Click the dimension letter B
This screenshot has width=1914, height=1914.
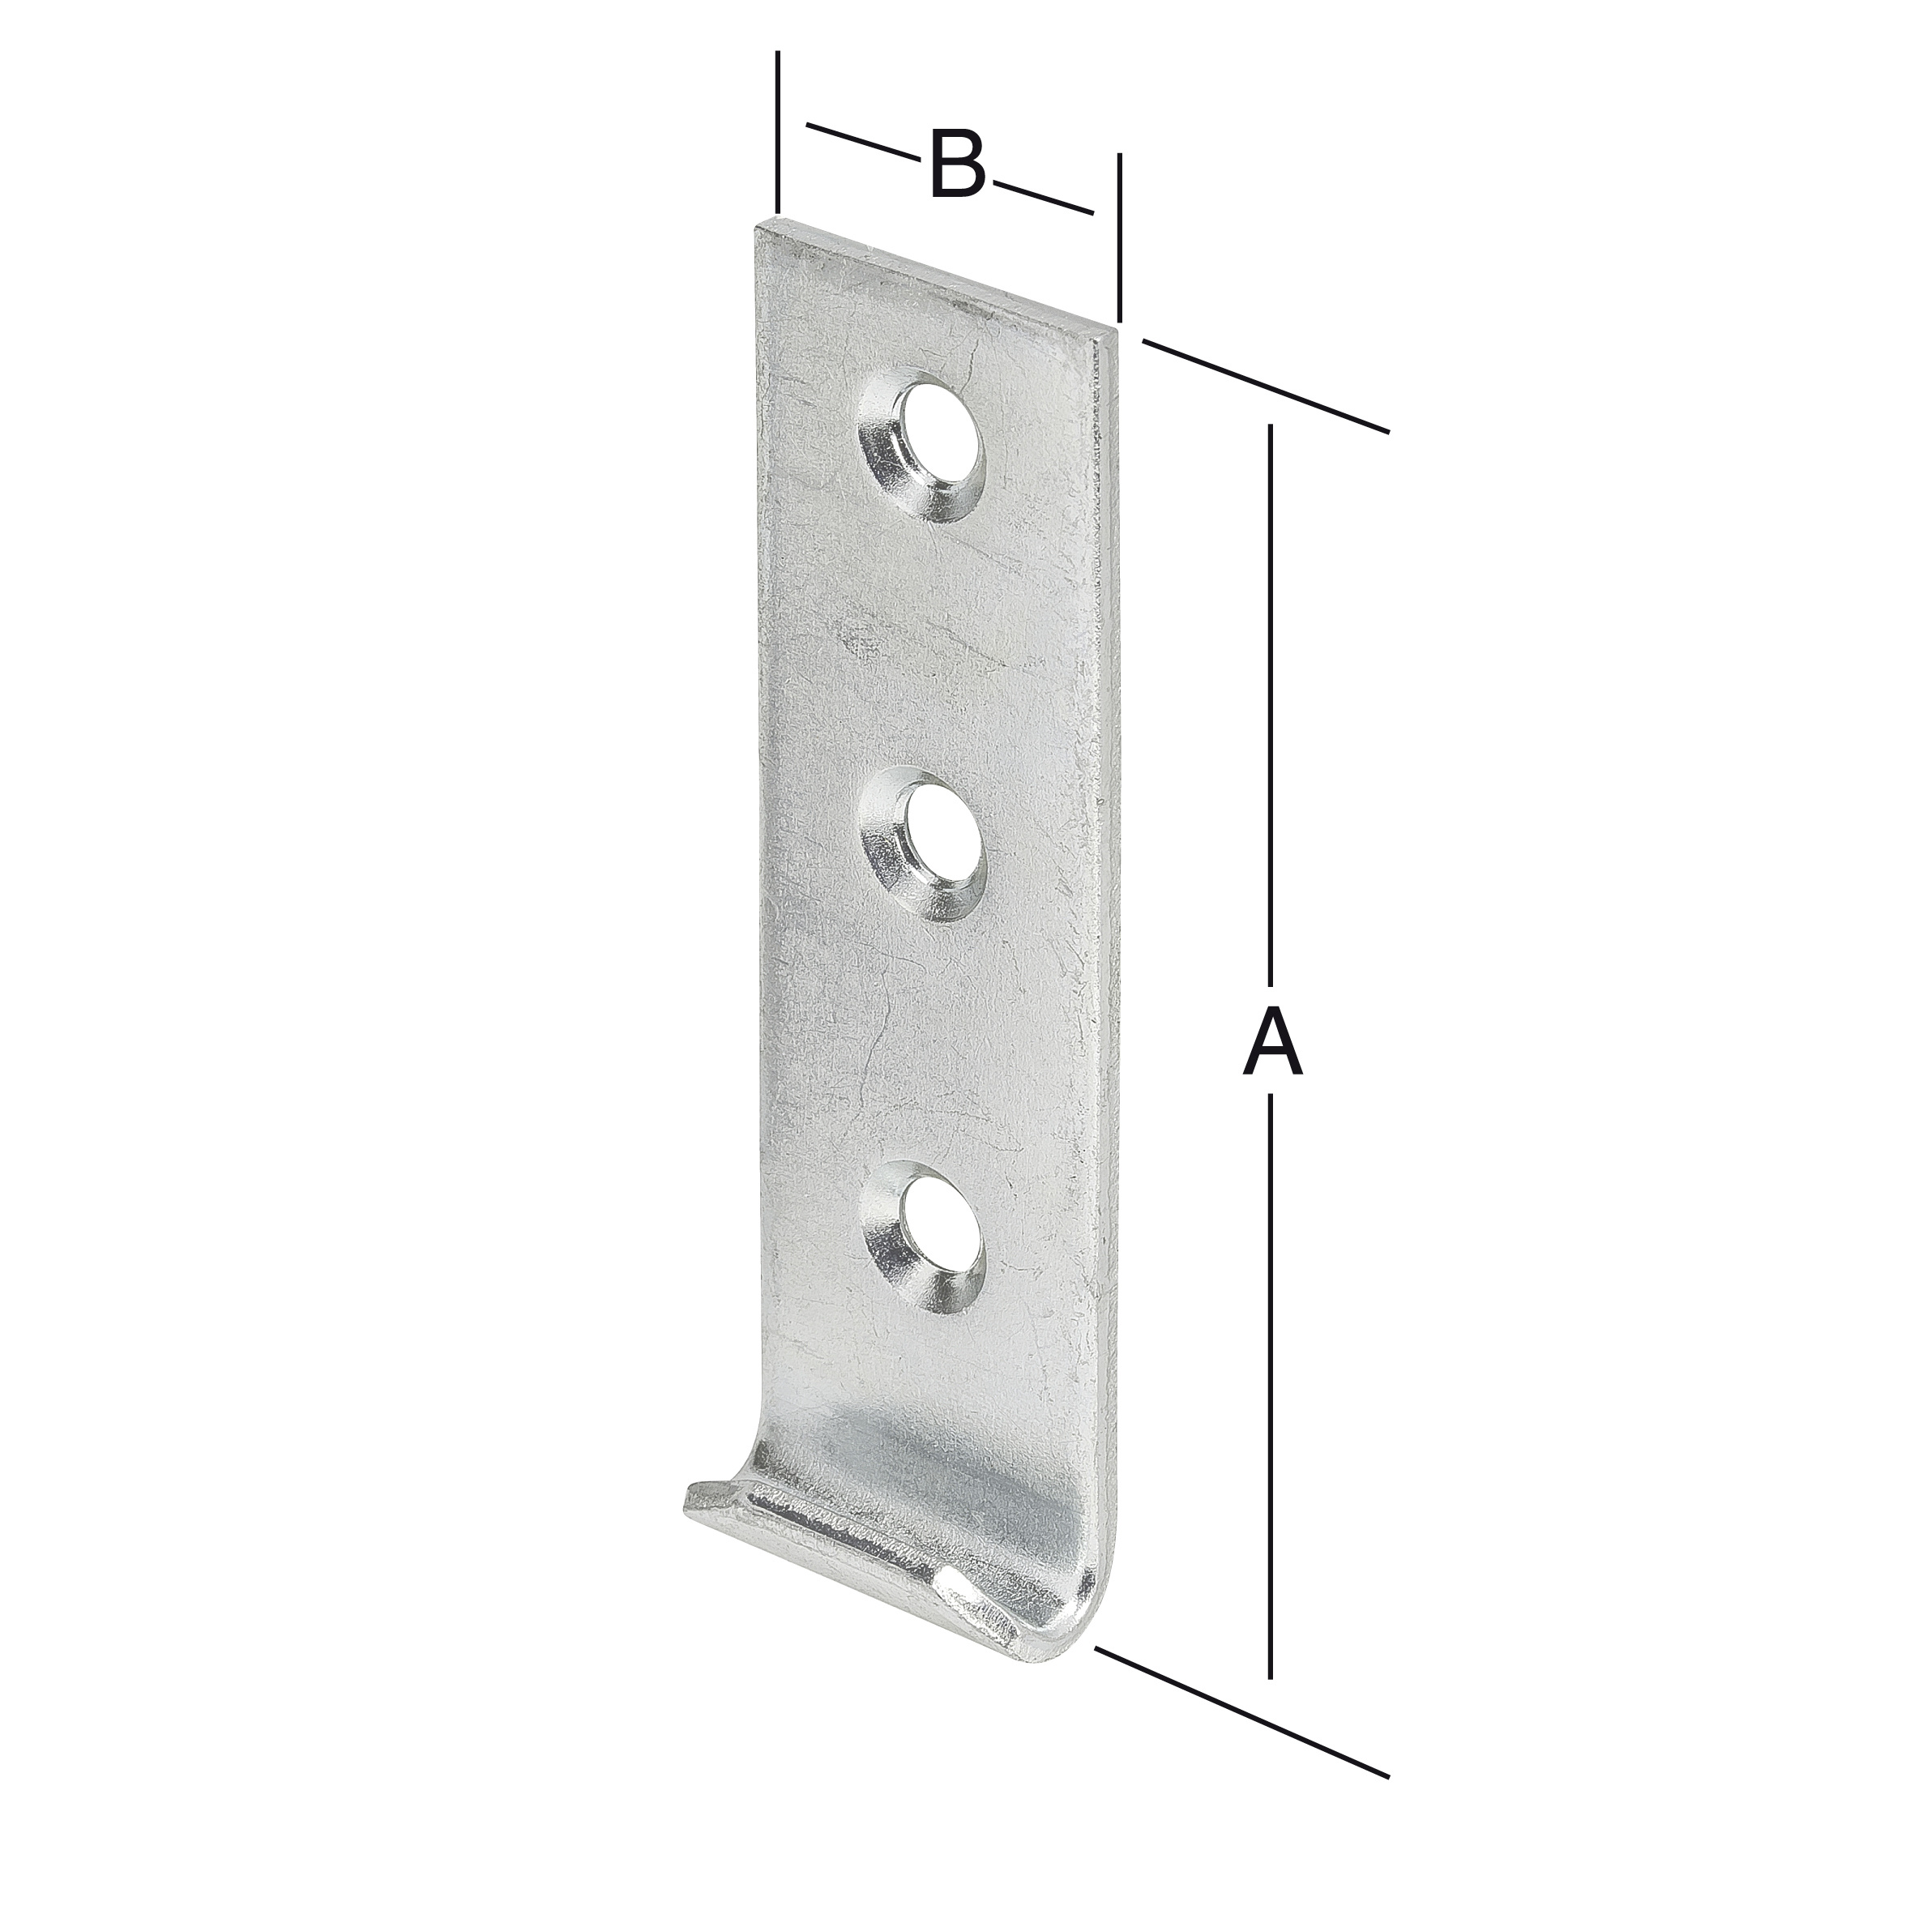click(x=958, y=164)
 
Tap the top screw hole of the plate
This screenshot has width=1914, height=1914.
click(x=934, y=432)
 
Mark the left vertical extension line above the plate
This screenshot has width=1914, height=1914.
click(x=779, y=129)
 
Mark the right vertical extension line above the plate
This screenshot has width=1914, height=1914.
click(x=1120, y=237)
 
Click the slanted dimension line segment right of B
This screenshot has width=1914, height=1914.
click(x=1042, y=197)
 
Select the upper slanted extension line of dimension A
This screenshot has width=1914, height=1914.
click(x=1266, y=383)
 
